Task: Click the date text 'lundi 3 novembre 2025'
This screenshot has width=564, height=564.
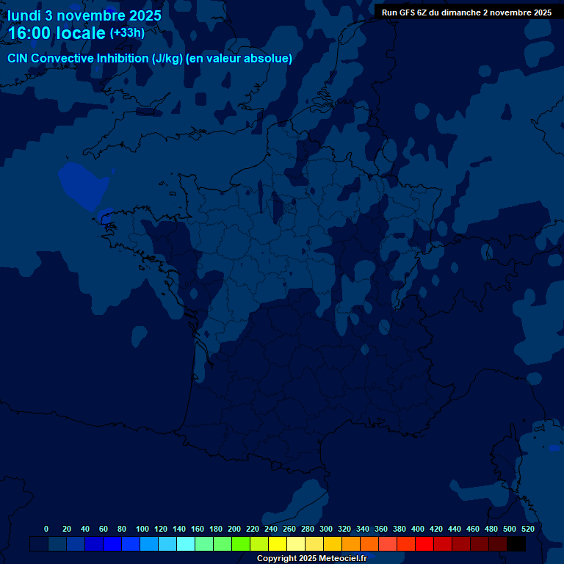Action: click(x=84, y=15)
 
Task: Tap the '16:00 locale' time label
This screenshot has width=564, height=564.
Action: click(x=57, y=33)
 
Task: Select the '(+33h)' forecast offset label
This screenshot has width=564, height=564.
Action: click(x=127, y=33)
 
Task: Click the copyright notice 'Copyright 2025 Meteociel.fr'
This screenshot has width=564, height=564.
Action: click(x=312, y=558)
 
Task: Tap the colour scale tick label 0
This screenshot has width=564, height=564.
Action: click(x=46, y=529)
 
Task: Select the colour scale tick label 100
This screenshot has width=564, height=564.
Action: click(x=142, y=529)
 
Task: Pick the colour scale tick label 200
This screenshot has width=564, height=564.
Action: click(x=234, y=529)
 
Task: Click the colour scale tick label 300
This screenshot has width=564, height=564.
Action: click(x=326, y=529)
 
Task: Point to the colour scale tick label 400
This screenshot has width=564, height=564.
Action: click(x=418, y=529)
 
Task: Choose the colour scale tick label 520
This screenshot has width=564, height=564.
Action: click(x=527, y=529)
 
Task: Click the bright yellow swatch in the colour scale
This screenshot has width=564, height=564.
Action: click(x=278, y=543)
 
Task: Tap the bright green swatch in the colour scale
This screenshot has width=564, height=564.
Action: click(x=241, y=543)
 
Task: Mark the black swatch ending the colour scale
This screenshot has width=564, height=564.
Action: click(x=516, y=543)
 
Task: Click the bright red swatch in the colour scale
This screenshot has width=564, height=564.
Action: click(x=424, y=543)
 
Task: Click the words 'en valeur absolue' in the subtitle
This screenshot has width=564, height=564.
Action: click(x=242, y=59)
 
